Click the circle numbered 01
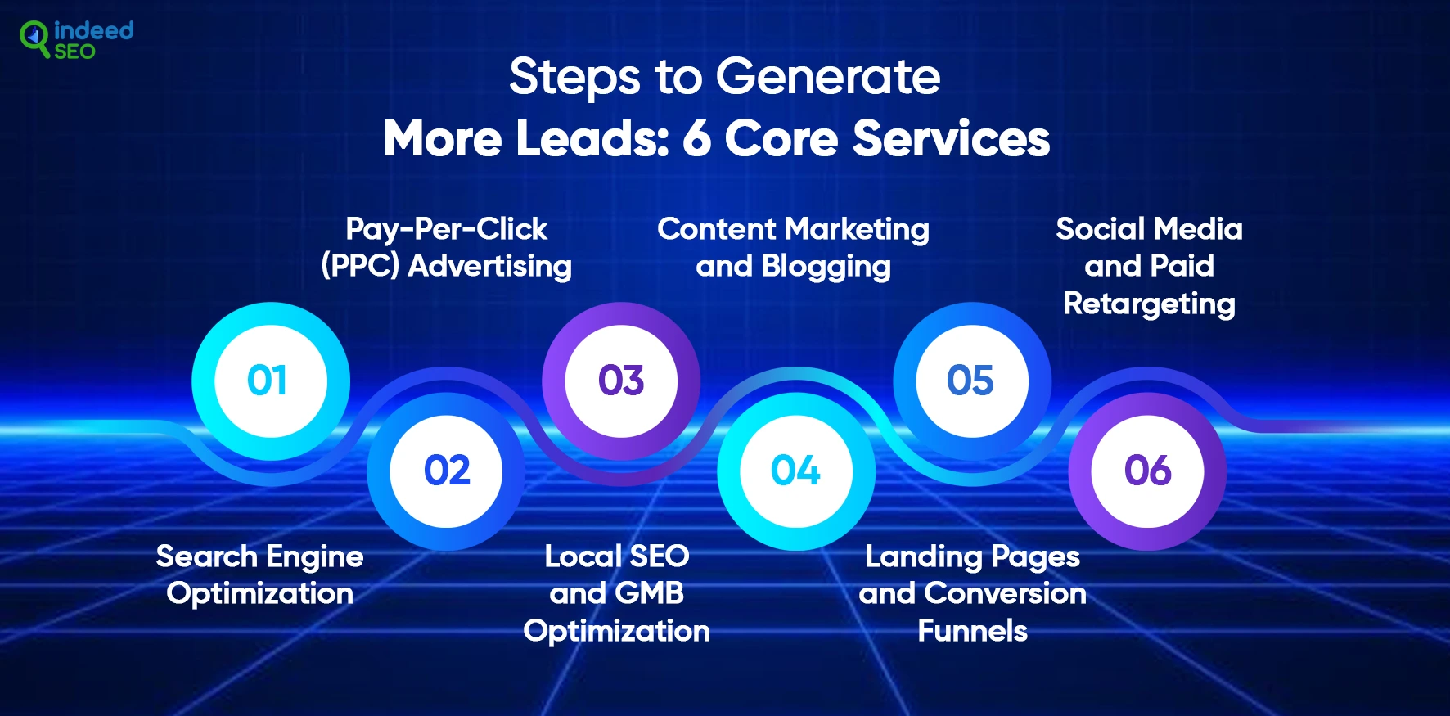click(271, 381)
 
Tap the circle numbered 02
click(447, 471)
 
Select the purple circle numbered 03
click(621, 381)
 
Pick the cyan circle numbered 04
click(796, 471)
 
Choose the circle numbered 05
click(972, 381)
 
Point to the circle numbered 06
click(1147, 471)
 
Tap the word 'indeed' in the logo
click(93, 30)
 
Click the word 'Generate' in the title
click(828, 78)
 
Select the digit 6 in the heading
click(696, 138)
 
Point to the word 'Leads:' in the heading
click(592, 138)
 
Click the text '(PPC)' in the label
click(360, 266)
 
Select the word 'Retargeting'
click(1149, 304)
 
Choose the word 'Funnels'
click(972, 631)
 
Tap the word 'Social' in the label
click(1101, 229)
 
